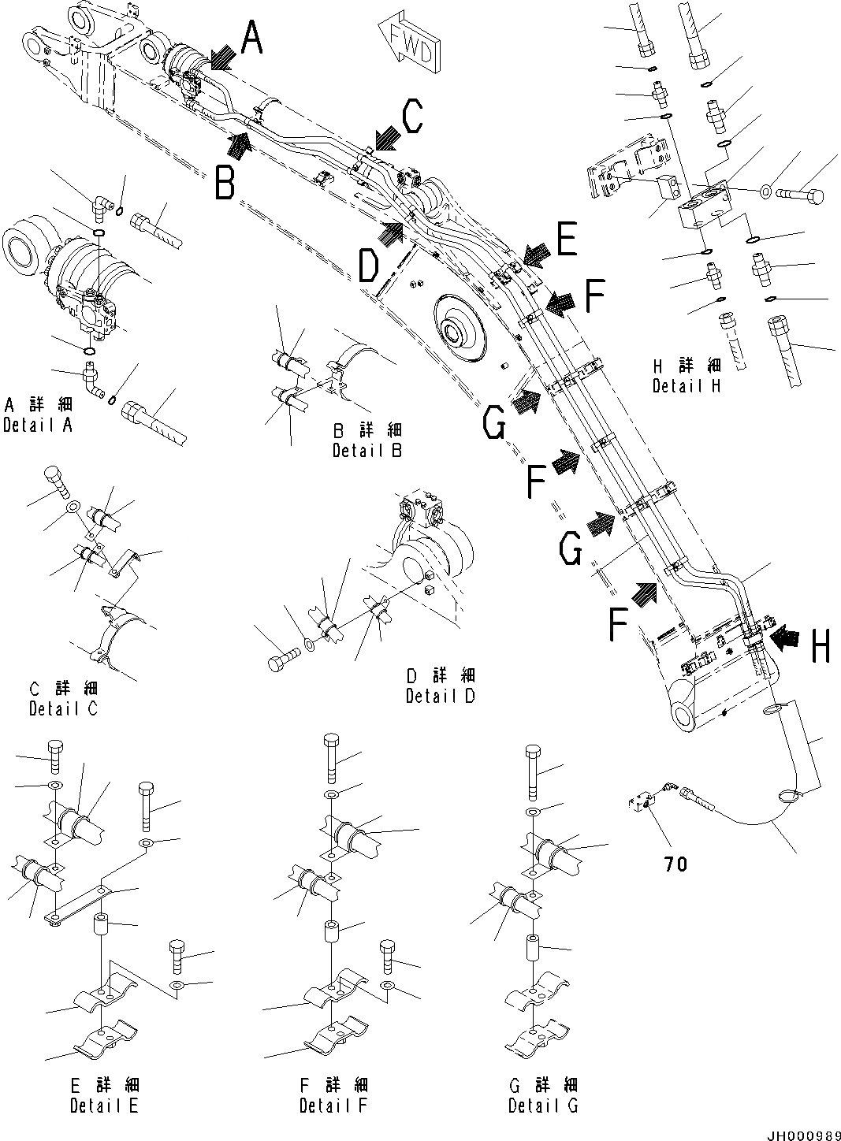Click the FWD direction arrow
(408, 43)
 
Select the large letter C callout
(411, 119)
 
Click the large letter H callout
(820, 648)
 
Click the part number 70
(675, 864)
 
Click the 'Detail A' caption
(39, 426)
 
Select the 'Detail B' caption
(367, 451)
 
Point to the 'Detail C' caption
(64, 708)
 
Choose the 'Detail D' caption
(441, 696)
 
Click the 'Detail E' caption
(104, 1106)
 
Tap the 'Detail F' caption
(333, 1106)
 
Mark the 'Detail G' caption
(543, 1106)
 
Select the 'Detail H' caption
(687, 386)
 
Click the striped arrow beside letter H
(785, 637)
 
